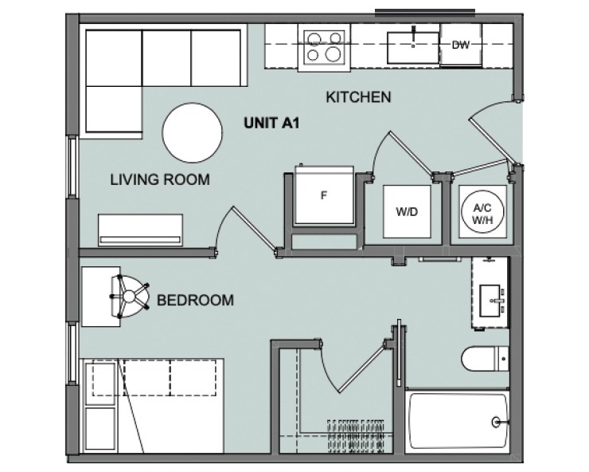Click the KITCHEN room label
[x=358, y=97]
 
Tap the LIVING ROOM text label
[x=159, y=180]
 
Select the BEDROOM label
[x=195, y=301]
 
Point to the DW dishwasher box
[x=460, y=46]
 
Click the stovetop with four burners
[x=322, y=45]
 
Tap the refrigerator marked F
[x=324, y=196]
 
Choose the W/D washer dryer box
[x=407, y=213]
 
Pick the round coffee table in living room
[x=193, y=132]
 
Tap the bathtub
[x=457, y=423]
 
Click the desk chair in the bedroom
[x=129, y=295]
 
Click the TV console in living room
[x=140, y=230]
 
